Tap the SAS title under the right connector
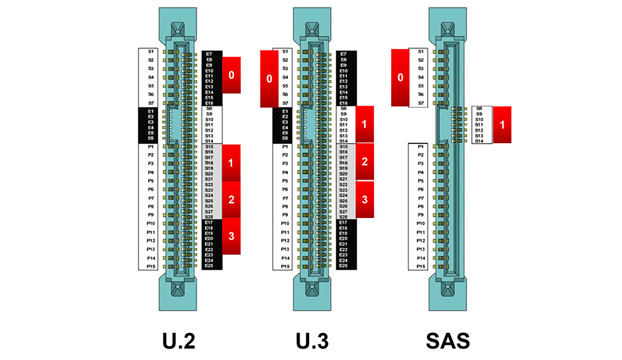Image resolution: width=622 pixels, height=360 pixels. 448,341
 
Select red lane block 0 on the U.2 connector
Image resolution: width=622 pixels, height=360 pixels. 231,75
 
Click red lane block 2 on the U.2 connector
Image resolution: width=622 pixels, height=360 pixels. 231,199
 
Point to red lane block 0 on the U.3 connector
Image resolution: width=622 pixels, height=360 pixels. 269,79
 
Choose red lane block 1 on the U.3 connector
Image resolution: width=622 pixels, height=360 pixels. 364,124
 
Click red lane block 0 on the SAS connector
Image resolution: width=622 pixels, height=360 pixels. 400,78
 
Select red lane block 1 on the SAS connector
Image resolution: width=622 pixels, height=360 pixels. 502,124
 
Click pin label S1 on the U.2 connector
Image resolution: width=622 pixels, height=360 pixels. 151,52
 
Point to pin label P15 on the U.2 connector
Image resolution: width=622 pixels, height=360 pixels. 151,266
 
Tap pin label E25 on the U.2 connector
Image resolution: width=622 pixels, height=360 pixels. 209,266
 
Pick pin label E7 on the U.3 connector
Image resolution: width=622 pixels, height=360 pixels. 344,54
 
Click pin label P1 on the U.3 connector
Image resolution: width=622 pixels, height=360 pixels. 285,147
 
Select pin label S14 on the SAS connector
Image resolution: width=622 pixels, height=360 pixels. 479,141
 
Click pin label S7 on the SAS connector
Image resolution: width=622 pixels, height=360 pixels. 420,103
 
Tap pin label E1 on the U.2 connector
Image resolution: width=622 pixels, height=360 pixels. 151,112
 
